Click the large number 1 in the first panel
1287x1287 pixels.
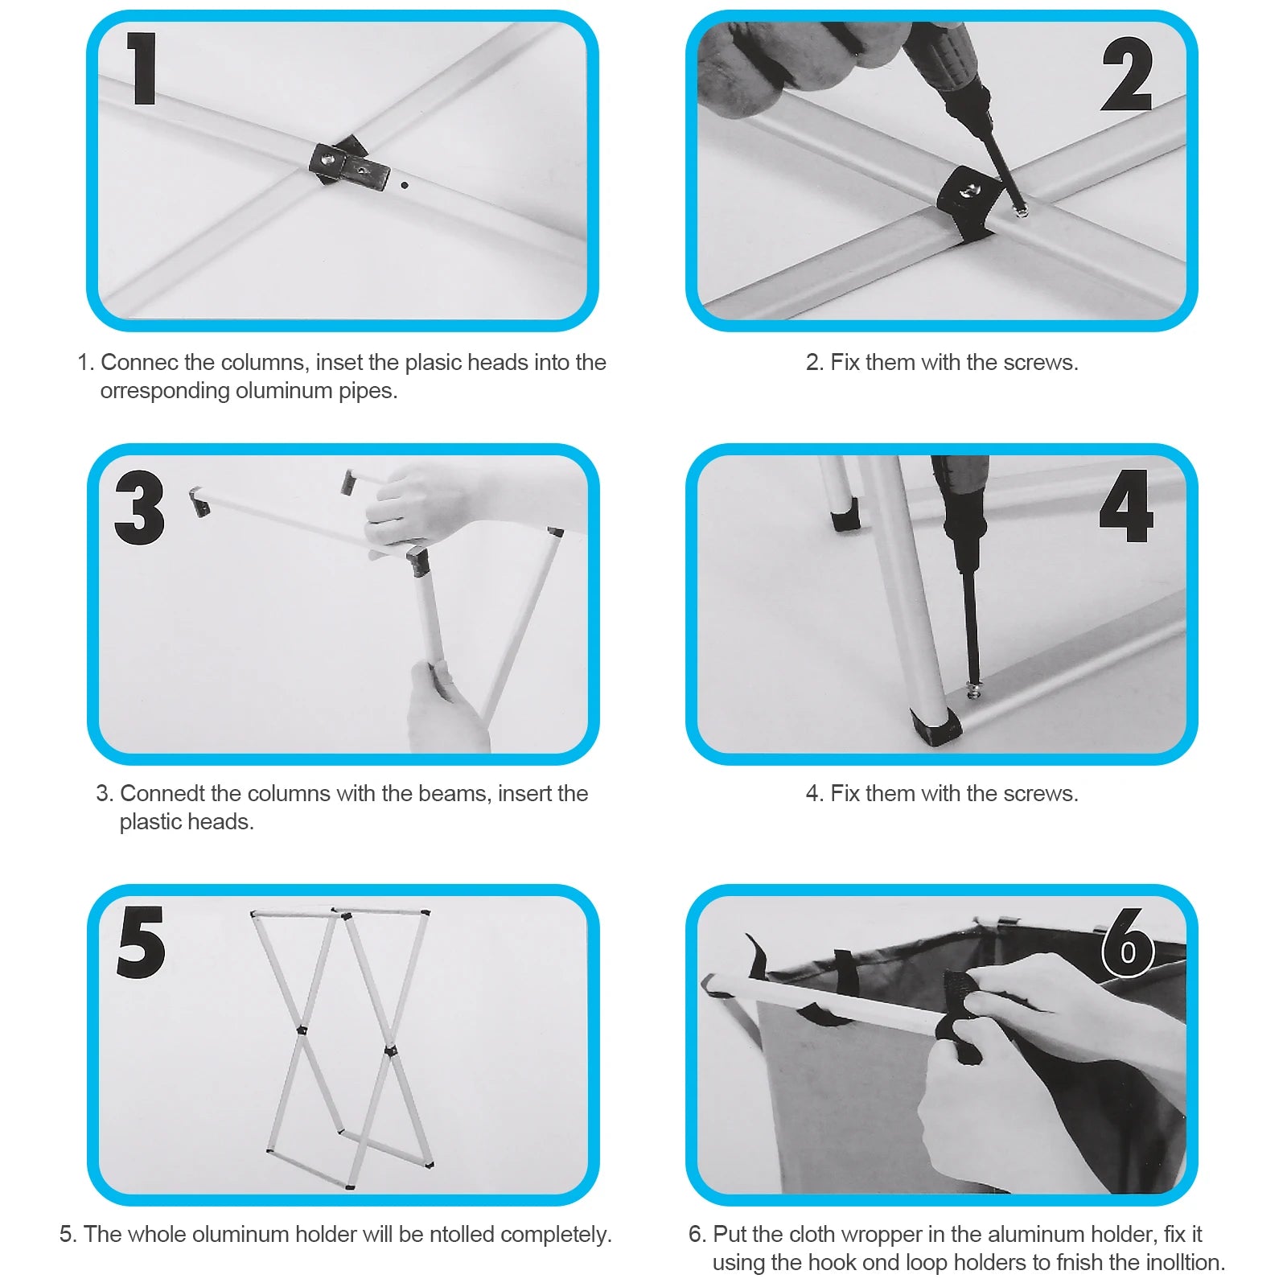tap(142, 69)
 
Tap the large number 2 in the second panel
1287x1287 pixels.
tap(1127, 74)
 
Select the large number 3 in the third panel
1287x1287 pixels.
tap(140, 508)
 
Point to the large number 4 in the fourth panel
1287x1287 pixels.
tap(1127, 506)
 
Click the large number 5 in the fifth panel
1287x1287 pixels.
tap(142, 942)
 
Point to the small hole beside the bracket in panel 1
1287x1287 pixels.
tap(405, 185)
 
